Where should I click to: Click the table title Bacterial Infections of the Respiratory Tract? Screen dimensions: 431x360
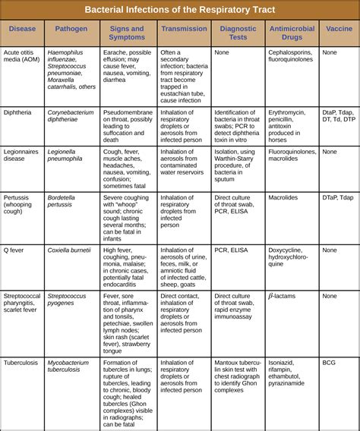pos(180,11)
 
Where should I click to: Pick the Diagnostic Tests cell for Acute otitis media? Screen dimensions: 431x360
pos(222,52)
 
